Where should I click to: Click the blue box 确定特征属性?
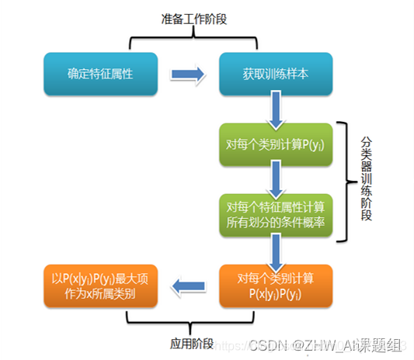tap(102, 74)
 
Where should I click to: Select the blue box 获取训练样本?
tap(276, 74)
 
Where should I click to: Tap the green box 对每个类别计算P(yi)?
tap(276, 146)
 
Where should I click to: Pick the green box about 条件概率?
tap(276, 215)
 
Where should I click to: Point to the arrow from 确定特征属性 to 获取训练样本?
tap(189, 75)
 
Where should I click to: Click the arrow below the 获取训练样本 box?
tap(276, 109)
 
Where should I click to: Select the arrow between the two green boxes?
tap(276, 181)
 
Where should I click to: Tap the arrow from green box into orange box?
tap(276, 249)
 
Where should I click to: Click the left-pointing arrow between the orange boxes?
tap(189, 286)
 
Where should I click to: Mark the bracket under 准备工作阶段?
tap(190, 36)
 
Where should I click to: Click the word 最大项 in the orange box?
tap(128, 279)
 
